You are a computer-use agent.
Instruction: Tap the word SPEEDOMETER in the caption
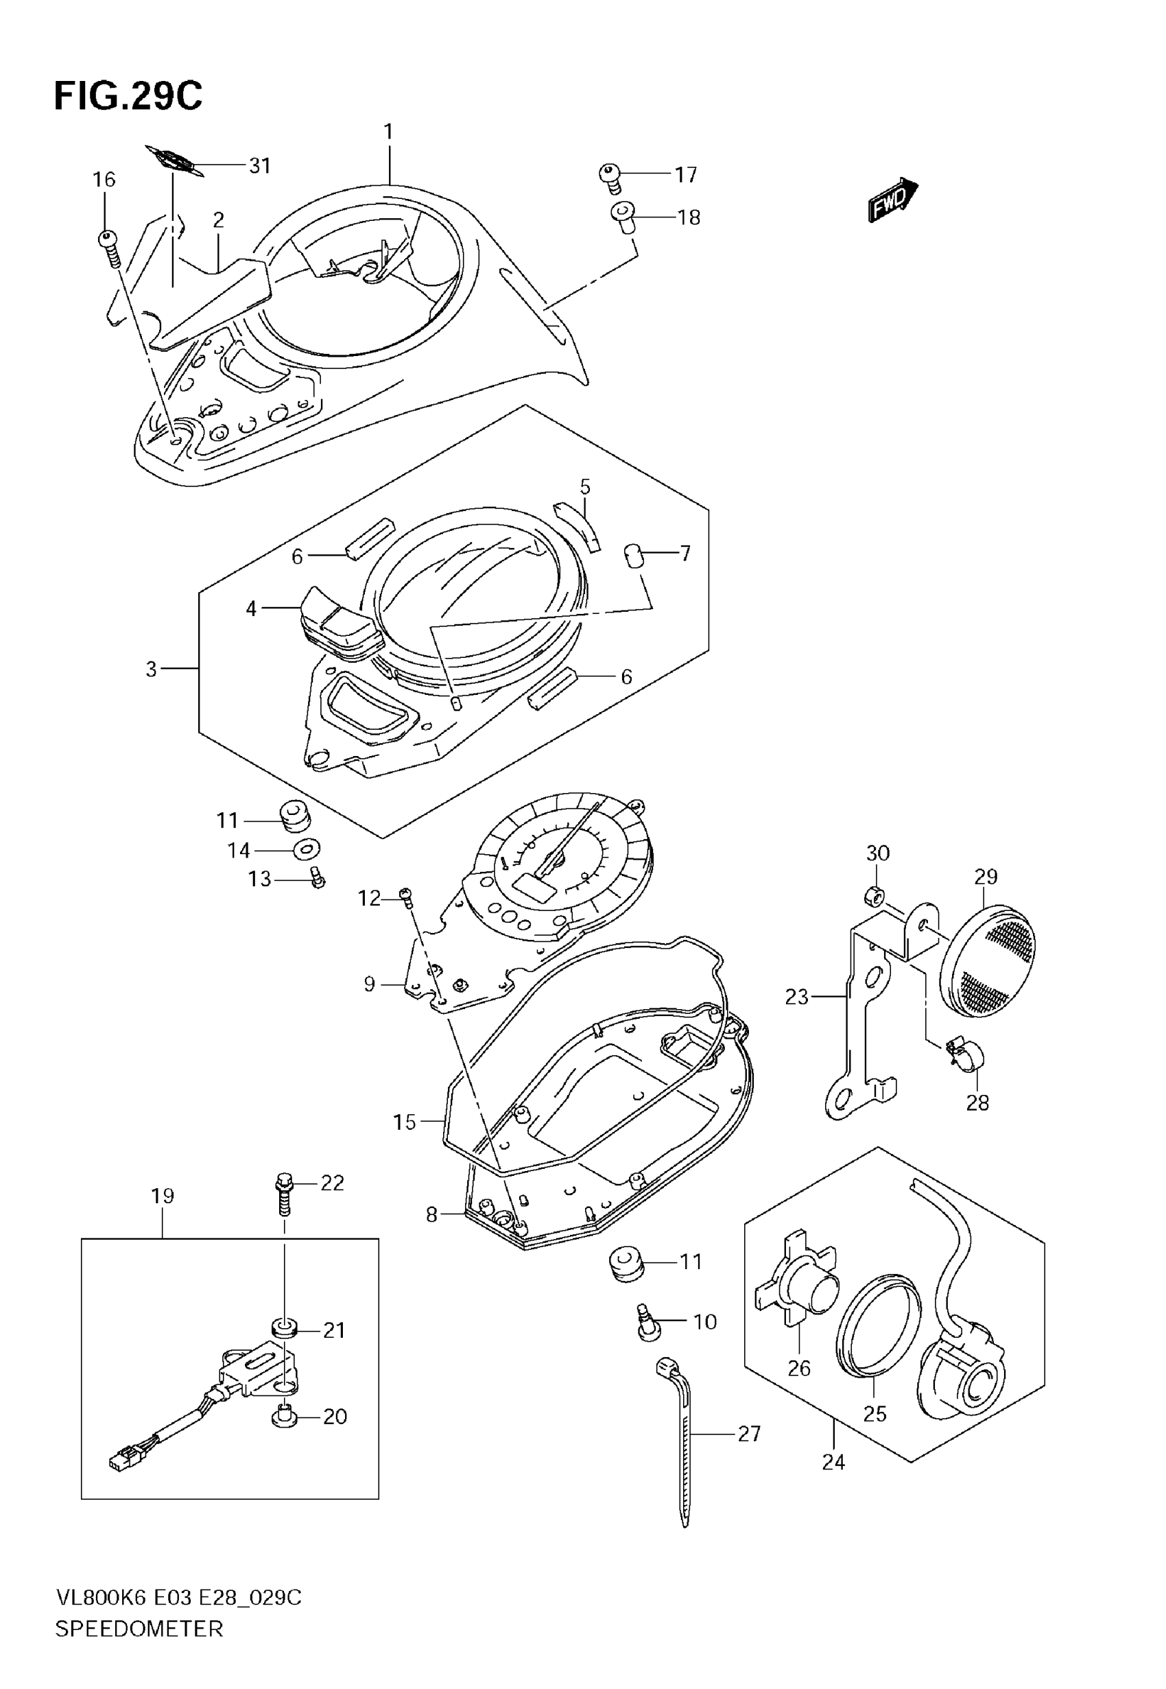[139, 1629]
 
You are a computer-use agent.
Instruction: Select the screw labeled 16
[110, 249]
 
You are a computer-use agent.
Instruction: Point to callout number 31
[260, 167]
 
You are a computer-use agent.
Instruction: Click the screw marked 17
[609, 176]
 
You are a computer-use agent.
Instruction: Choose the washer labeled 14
[307, 849]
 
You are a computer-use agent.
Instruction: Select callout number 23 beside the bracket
[796, 996]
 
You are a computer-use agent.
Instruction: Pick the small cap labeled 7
[632, 554]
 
